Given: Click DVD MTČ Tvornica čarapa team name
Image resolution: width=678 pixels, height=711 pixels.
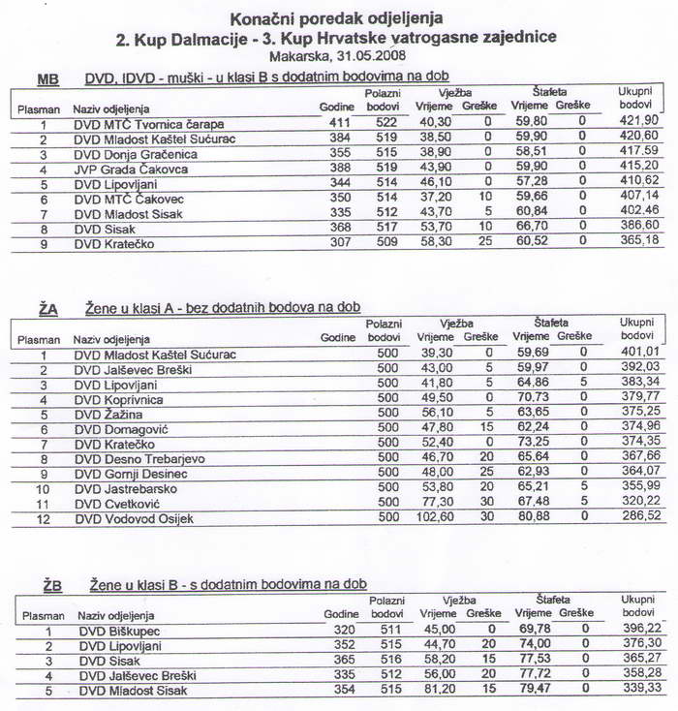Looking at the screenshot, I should tap(148, 124).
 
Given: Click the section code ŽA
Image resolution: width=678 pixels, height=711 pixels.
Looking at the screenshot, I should tap(48, 308).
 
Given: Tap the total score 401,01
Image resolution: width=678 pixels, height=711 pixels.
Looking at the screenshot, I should tap(637, 354).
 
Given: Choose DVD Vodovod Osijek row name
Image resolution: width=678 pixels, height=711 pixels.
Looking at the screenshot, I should tap(134, 519).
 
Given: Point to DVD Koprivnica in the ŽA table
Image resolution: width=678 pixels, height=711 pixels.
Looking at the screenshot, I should tap(120, 399).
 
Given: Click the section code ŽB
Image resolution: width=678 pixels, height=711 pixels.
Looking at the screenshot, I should tap(51, 585).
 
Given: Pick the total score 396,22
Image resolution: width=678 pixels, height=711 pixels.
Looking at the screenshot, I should tap(641, 628).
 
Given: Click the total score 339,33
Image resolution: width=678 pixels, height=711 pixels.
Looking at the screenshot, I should tap(641, 689).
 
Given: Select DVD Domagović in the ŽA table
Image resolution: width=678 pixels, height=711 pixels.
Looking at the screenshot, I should tap(122, 429).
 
